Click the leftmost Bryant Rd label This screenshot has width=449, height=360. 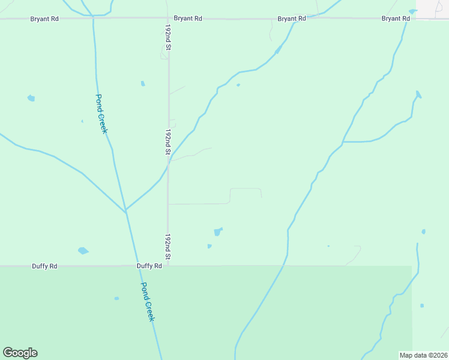coord(44,19)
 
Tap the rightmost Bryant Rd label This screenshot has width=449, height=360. coord(396,19)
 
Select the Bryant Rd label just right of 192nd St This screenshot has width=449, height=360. coord(188,19)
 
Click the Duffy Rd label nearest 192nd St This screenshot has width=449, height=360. coord(149,266)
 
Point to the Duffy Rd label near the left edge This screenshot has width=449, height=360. coord(44,266)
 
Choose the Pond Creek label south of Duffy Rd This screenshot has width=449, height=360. coord(148,302)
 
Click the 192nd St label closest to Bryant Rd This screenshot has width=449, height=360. coord(169,38)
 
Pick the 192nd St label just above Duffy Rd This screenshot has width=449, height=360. coord(169,247)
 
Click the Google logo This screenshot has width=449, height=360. coord(20,353)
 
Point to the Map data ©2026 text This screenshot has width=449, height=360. coord(423,355)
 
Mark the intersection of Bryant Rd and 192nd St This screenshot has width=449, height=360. coord(168,19)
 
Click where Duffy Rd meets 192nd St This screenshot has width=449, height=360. coord(168,265)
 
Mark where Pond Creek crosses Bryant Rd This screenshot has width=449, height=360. coord(93,19)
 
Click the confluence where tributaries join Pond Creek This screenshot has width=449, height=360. coord(125,211)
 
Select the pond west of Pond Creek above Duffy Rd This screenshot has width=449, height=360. coord(83,251)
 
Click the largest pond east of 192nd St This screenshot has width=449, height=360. coord(218,232)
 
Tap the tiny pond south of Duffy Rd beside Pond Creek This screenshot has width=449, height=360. coord(116,298)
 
